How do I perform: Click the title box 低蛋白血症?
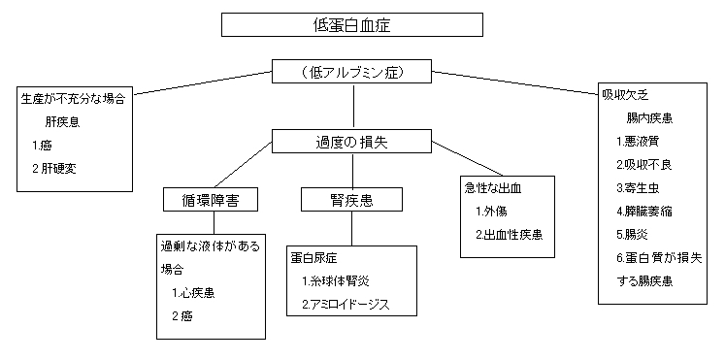(352, 24)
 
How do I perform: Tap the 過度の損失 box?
(351, 142)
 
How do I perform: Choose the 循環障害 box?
(213, 201)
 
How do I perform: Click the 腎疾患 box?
(350, 201)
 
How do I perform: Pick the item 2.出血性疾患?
(509, 234)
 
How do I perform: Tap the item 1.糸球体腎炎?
(335, 281)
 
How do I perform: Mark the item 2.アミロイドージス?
(345, 305)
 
